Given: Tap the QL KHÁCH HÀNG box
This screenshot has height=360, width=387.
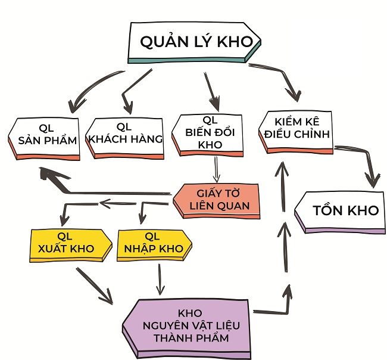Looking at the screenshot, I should [x=125, y=136].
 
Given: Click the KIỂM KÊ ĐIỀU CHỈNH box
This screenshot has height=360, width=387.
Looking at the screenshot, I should [x=295, y=129].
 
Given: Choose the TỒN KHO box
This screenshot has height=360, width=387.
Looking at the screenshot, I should [x=341, y=211].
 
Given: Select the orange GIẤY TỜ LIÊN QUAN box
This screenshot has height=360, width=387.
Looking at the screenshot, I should [x=217, y=201].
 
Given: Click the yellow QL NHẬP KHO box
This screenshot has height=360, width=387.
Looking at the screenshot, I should [x=152, y=243].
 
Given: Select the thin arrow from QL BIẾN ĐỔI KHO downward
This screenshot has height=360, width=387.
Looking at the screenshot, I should [x=217, y=169].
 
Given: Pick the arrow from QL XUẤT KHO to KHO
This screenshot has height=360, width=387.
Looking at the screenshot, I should [x=95, y=286].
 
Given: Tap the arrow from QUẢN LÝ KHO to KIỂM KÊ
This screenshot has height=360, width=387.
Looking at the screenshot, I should [x=280, y=77].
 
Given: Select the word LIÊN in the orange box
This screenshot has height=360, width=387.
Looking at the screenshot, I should [x=201, y=207].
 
